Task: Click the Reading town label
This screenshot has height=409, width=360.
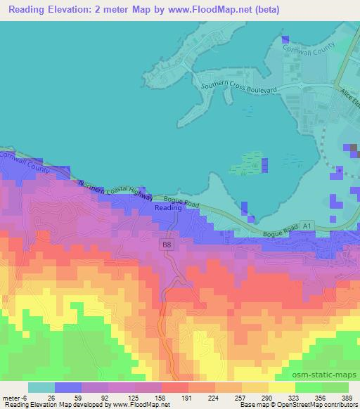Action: [x=167, y=209]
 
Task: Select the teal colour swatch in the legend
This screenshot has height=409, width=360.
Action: [x=41, y=387]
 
